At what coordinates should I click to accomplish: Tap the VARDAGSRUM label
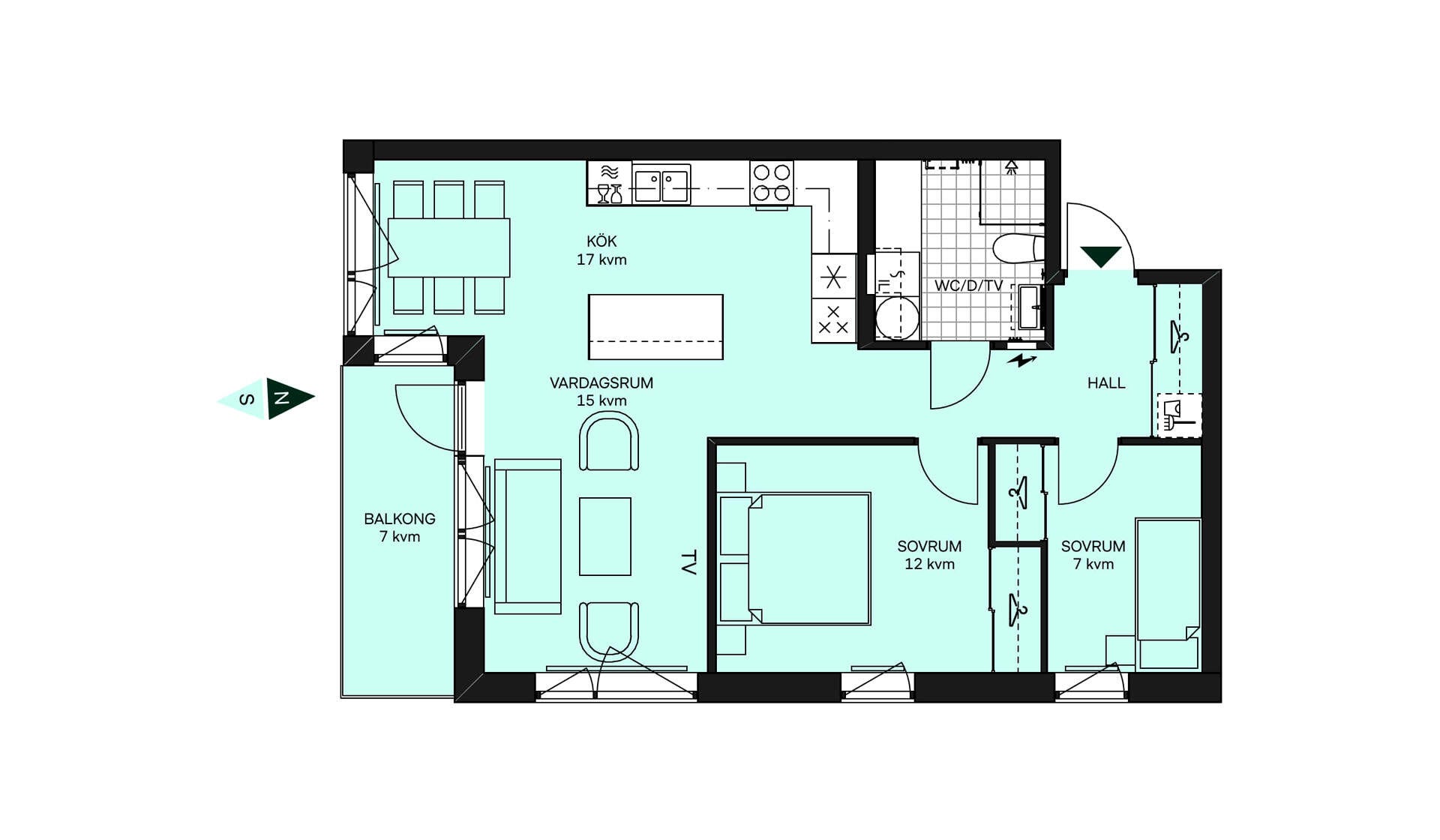[x=601, y=383]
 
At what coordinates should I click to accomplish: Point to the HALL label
[x=1106, y=383]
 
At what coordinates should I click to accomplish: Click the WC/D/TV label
[x=968, y=286]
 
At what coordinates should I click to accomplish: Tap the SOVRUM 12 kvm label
[x=929, y=555]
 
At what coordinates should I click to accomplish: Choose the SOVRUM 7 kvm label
[x=1093, y=555]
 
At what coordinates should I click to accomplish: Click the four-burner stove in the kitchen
[x=772, y=182]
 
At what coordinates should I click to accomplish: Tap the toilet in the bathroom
[x=1018, y=248]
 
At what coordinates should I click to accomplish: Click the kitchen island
[x=655, y=327]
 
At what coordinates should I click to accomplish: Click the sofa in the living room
[x=527, y=536]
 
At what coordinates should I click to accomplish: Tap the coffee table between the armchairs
[x=605, y=536]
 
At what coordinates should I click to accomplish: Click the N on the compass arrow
[x=282, y=398]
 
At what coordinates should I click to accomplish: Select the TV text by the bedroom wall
[x=688, y=562]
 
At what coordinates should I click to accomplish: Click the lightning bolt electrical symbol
[x=1021, y=361]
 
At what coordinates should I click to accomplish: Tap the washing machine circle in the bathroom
[x=897, y=317]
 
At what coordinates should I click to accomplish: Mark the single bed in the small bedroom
[x=1168, y=593]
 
